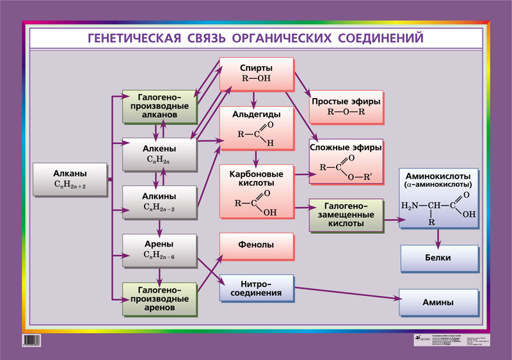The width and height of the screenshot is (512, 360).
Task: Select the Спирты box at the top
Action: pos(256,74)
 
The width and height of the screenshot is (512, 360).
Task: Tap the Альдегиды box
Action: pos(256,127)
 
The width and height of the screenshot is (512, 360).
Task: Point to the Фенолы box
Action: pos(256,245)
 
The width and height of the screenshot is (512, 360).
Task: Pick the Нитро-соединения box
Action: pos(256,289)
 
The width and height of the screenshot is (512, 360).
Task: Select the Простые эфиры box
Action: pos(346,106)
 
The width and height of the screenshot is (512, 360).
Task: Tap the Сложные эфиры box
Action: pos(346,160)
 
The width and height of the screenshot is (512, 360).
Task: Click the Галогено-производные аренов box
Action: pos(159,299)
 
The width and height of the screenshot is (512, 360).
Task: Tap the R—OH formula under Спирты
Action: pos(256,79)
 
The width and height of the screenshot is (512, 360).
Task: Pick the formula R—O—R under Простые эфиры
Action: pos(346,111)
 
